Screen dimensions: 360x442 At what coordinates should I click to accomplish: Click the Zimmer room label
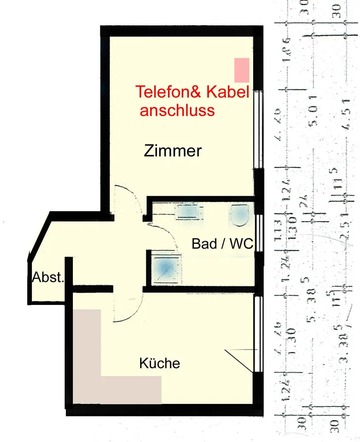click(x=173, y=152)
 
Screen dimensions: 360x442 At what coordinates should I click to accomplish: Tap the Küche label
click(x=160, y=364)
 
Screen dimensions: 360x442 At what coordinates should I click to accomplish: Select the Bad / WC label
click(x=222, y=244)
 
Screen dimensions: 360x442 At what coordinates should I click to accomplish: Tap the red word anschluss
click(x=177, y=110)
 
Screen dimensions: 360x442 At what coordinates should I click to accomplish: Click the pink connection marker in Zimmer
click(x=242, y=70)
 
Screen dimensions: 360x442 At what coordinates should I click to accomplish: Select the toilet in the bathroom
click(x=240, y=215)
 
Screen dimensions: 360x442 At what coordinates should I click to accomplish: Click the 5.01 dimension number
click(x=315, y=116)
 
